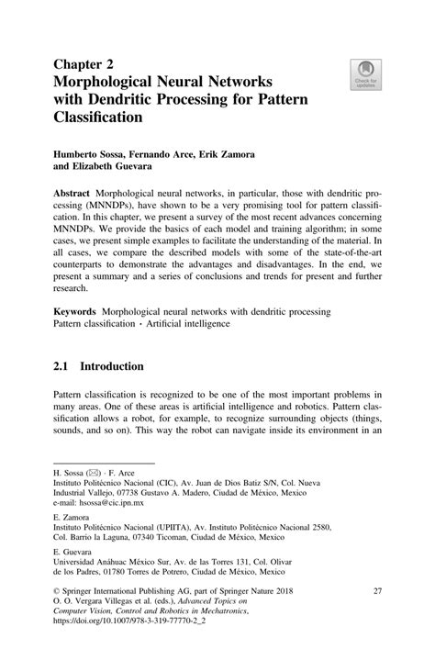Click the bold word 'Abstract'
point(77,197)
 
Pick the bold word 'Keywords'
point(80,313)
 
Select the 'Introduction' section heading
point(112,366)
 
